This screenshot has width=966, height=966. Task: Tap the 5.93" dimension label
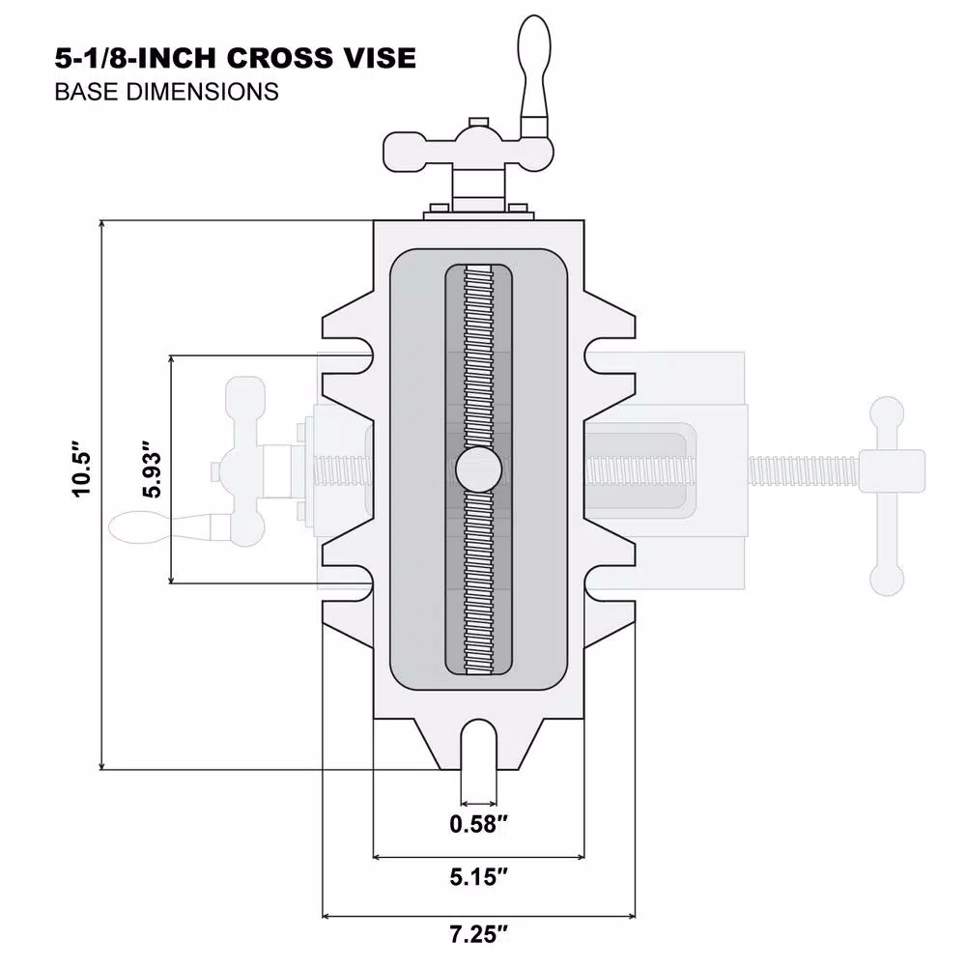point(149,470)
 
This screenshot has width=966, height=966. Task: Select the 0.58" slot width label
point(479,824)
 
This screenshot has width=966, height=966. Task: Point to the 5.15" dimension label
point(479,878)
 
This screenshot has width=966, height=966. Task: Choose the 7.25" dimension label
point(478,934)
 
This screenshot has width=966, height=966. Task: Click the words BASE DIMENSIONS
point(167,92)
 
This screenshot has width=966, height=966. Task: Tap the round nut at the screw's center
point(479,470)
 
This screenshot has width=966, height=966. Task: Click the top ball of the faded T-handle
point(887,412)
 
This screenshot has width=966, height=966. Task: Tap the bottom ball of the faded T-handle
point(887,578)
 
